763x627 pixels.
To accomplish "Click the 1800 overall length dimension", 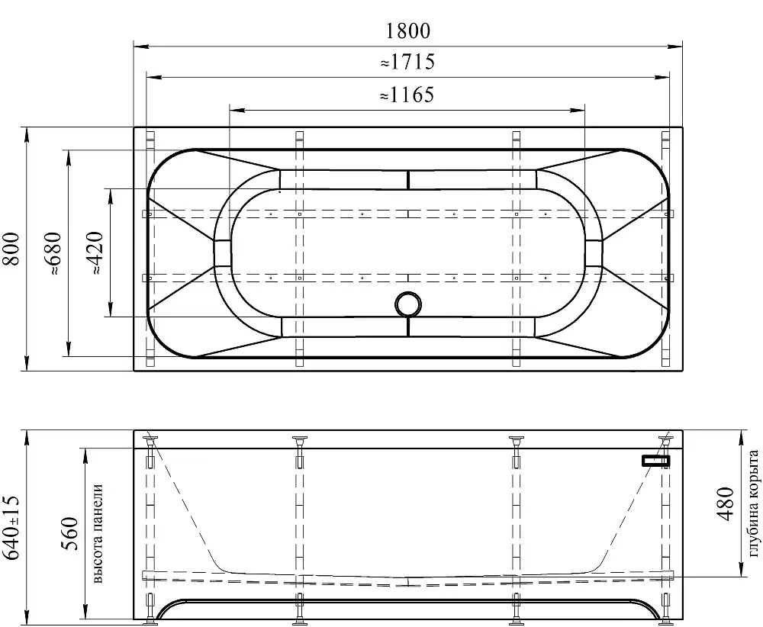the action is point(407,31).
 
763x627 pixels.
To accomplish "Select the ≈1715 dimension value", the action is point(407,62).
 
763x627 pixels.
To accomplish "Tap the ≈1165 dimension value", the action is point(407,95).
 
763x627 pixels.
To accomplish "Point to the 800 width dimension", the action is point(11,249).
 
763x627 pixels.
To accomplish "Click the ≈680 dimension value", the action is point(53,254).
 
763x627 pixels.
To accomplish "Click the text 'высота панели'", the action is point(98,534).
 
